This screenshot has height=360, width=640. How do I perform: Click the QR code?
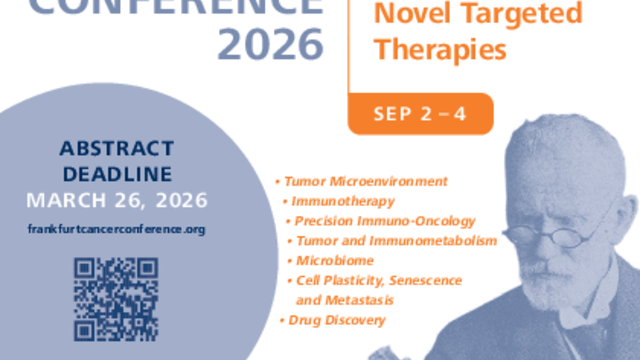[x=116, y=299]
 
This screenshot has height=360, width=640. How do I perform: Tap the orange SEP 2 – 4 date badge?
[x=420, y=114]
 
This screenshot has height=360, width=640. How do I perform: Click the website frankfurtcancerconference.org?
[x=116, y=229]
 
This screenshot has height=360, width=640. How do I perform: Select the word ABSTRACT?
[x=117, y=148]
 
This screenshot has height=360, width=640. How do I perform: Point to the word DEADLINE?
[x=117, y=174]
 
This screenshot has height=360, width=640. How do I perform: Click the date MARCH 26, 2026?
[x=117, y=200]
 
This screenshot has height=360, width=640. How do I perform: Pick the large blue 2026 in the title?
[x=271, y=45]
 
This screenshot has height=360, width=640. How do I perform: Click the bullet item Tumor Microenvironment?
[x=366, y=181]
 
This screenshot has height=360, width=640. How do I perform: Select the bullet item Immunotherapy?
[x=343, y=201]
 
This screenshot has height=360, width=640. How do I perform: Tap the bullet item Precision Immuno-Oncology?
[x=385, y=221]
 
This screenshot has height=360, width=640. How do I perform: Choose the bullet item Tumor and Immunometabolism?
[x=396, y=241]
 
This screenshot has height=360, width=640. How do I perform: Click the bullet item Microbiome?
[x=335, y=260]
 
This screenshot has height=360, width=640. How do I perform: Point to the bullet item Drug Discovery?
[x=337, y=320]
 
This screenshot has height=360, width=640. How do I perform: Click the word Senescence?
[x=425, y=280]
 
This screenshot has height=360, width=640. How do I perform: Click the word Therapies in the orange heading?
[x=440, y=50]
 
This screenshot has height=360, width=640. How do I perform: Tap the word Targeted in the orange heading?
[x=522, y=13]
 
